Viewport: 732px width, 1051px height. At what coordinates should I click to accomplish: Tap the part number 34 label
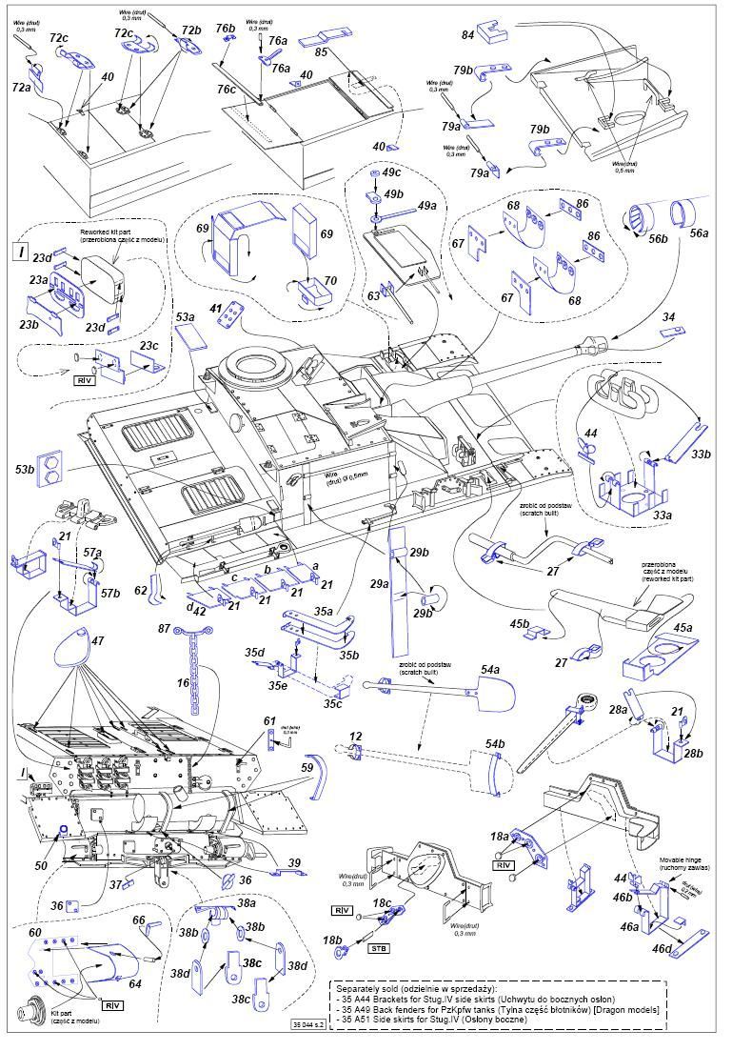[669, 316]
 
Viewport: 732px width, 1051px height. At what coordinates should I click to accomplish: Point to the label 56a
[699, 232]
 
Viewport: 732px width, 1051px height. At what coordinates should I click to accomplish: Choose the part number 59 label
[307, 765]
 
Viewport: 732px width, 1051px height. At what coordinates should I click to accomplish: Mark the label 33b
[701, 454]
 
